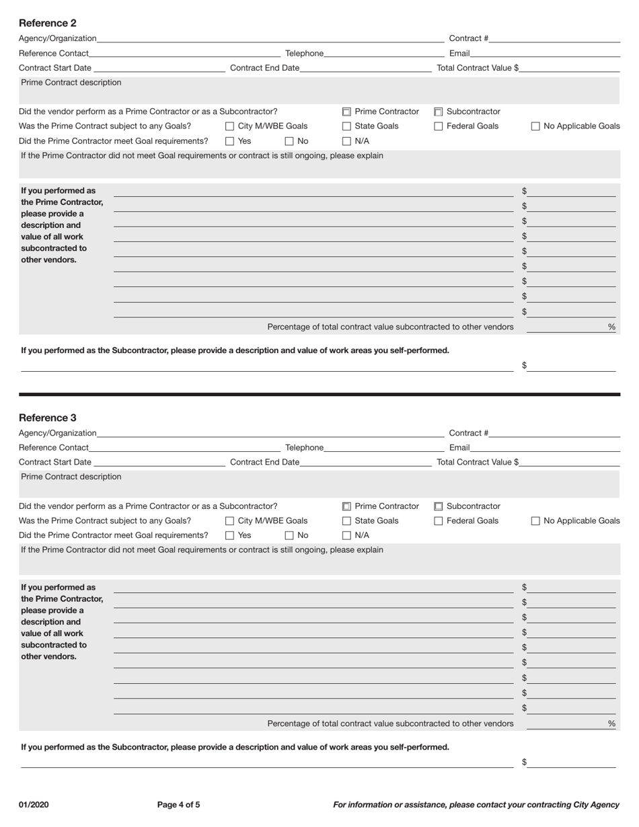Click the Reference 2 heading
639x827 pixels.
tap(48, 23)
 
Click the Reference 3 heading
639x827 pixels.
tap(48, 418)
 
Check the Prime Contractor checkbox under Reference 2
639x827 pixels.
tap(347, 112)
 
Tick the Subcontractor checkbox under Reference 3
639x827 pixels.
tap(439, 506)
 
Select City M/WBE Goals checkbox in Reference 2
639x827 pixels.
tap(230, 126)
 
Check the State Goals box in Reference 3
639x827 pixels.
tap(347, 521)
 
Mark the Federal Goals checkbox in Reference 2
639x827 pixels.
tap(439, 126)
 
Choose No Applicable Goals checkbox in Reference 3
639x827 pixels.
tap(536, 521)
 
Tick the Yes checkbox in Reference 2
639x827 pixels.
tap(230, 141)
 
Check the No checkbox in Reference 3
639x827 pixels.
tap(289, 536)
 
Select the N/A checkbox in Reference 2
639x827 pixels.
tap(347, 141)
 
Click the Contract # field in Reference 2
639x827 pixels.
tap(554, 38)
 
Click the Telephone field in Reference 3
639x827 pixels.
tap(383, 448)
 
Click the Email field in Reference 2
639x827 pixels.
tap(545, 53)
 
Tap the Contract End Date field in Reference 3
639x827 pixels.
tap(365, 462)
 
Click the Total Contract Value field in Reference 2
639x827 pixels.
tap(569, 68)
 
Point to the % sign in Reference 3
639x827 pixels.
tap(611, 723)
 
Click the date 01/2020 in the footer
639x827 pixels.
tap(34, 805)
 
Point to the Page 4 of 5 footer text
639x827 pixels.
tap(178, 805)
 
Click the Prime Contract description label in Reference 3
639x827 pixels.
tap(71, 477)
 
